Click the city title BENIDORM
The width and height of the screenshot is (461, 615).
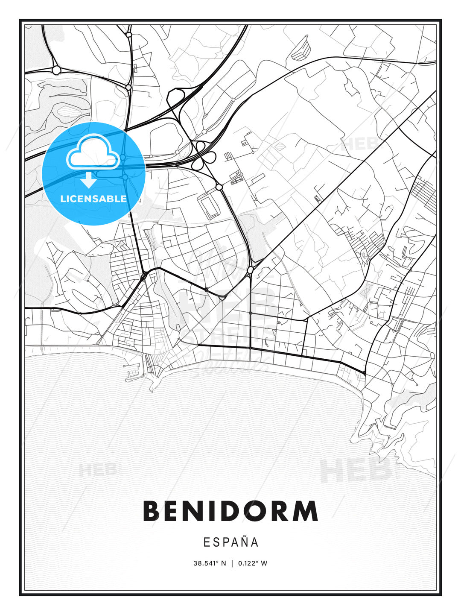click(230, 511)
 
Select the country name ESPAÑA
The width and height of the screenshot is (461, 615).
click(230, 542)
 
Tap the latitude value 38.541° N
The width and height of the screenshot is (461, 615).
click(209, 563)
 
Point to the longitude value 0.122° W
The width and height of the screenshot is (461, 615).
click(253, 563)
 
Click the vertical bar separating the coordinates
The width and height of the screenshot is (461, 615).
click(232, 563)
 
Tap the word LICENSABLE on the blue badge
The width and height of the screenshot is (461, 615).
click(93, 199)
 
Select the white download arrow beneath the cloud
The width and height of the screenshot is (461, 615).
click(89, 180)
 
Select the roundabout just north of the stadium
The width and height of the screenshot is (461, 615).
click(219, 187)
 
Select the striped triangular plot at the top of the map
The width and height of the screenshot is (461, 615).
click(303, 48)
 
